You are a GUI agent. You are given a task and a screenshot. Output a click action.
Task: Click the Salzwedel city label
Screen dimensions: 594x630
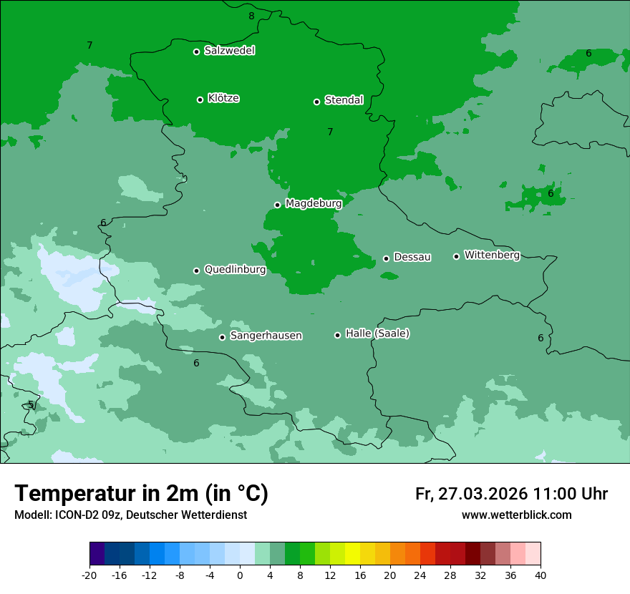[229, 51]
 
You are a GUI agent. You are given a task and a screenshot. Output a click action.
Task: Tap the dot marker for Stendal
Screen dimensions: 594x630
[316, 102]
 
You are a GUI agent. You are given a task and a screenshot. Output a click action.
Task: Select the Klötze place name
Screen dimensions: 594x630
[223, 99]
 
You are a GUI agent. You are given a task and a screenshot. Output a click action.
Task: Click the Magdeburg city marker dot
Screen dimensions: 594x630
[277, 205]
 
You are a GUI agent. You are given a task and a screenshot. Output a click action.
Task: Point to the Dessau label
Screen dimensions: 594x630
[412, 258]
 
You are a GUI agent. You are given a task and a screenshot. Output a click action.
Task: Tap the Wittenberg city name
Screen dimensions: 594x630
[492, 255]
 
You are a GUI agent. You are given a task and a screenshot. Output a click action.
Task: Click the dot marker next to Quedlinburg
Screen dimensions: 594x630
[196, 271]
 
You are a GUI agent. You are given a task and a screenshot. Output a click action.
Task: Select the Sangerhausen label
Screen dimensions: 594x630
[266, 336]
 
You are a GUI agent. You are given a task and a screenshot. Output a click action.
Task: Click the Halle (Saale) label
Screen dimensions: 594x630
[377, 333]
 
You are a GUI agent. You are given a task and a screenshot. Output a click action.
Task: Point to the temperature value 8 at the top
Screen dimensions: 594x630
[251, 16]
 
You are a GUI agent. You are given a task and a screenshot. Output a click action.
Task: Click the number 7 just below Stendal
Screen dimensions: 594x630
[330, 132]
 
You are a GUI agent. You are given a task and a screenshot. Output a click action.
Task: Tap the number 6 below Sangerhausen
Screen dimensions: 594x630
[196, 364]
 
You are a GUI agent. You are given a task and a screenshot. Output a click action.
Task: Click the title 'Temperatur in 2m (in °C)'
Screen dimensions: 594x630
[141, 493]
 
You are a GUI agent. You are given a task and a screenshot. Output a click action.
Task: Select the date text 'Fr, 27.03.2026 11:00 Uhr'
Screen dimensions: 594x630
[511, 494]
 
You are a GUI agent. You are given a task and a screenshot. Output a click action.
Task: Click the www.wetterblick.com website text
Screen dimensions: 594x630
[516, 515]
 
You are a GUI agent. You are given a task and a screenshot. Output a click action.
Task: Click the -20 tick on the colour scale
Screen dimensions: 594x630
[89, 575]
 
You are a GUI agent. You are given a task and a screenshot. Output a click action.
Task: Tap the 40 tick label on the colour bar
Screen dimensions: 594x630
[541, 575]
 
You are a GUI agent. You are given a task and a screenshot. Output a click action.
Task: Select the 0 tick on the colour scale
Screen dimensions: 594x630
[240, 575]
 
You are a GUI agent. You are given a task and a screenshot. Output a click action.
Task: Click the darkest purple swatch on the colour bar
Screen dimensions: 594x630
[97, 554]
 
